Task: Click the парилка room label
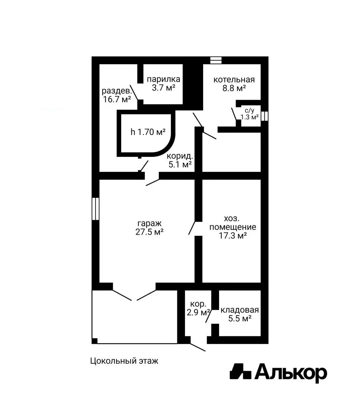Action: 163,79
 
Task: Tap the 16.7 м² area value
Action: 117,99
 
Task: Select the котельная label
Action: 234,80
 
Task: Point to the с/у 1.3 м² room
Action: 250,114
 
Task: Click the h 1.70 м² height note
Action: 148,132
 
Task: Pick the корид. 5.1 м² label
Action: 180,160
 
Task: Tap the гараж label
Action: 150,223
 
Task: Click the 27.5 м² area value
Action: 150,232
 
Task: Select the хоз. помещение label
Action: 233,223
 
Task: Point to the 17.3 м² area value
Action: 233,236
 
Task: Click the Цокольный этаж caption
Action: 124,361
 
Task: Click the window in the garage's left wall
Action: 95,209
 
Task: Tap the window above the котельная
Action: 216,60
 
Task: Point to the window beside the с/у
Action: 265,116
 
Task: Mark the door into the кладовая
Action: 209,317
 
